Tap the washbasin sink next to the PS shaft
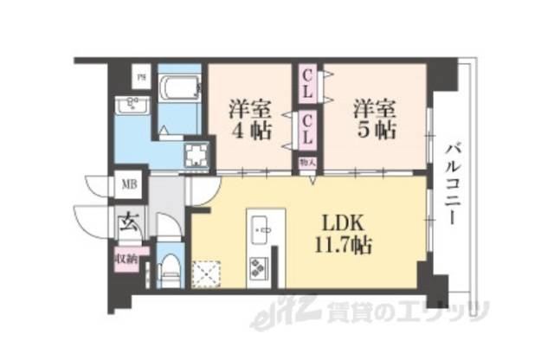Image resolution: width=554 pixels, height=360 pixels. coord(135,106)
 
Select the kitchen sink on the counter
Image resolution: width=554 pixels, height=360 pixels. coord(261,231)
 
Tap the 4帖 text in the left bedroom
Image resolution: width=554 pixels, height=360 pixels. coord(249,132)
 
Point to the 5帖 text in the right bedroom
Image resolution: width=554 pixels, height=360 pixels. coord(374,132)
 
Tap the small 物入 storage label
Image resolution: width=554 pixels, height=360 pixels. coord(307,161)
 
